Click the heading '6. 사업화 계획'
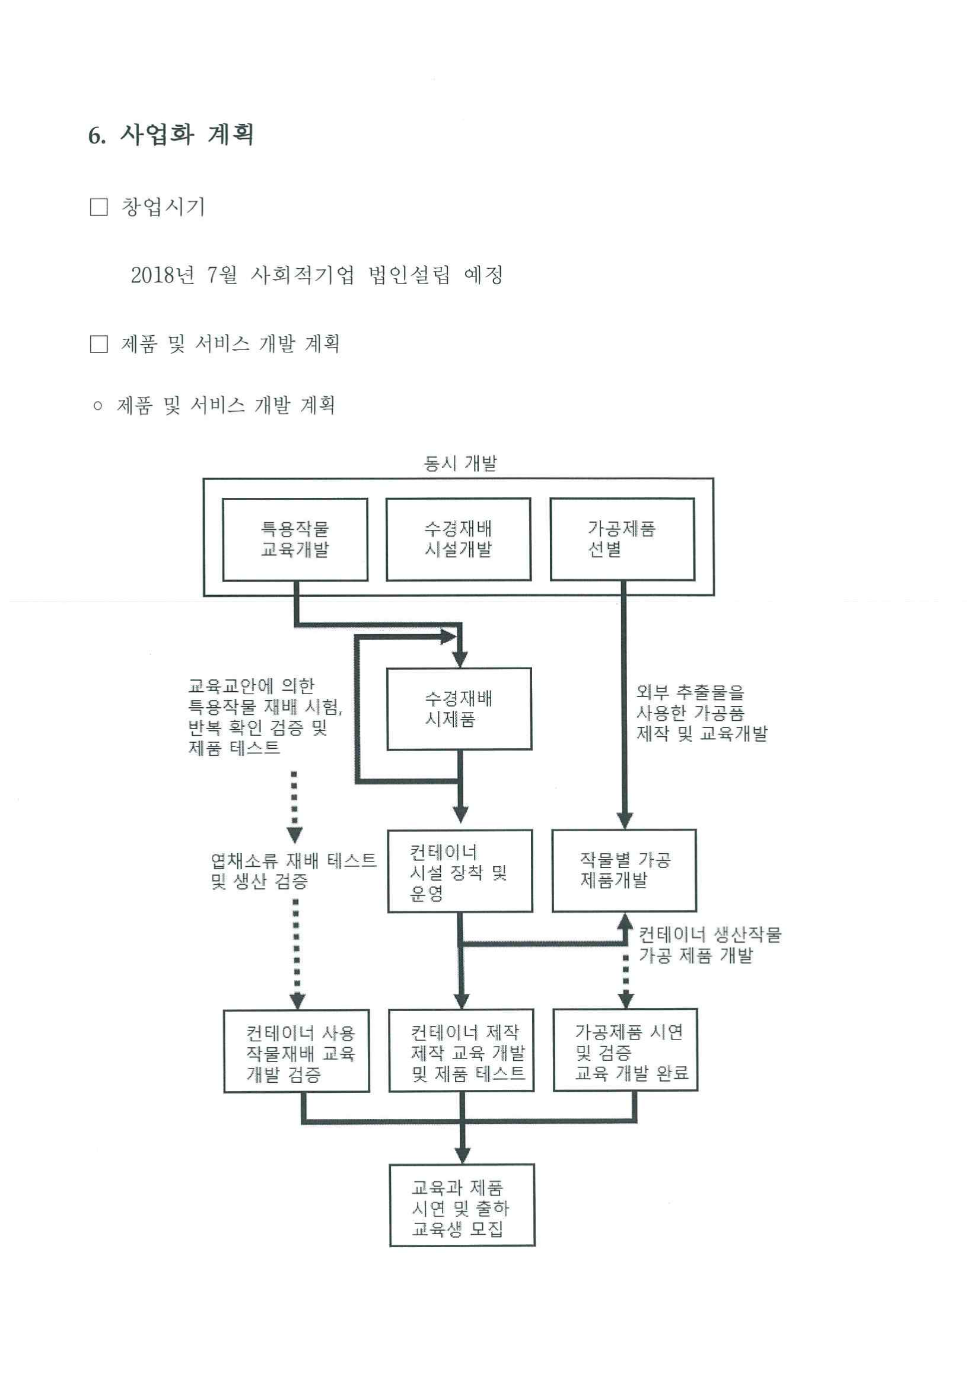(171, 135)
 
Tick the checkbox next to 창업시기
(99, 207)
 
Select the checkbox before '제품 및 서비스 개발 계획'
(99, 344)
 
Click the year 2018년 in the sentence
(163, 275)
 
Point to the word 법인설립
(409, 275)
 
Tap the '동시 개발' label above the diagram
(460, 463)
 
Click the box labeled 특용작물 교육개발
(295, 540)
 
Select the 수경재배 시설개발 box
(459, 540)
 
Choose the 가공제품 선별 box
(623, 540)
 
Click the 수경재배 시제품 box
(459, 709)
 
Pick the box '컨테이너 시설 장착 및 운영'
(460, 871)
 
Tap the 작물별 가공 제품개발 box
(625, 870)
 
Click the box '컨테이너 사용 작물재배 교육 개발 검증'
(296, 1051)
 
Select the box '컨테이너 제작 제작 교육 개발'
(462, 1050)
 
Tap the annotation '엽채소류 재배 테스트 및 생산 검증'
(293, 870)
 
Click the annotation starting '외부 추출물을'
(702, 713)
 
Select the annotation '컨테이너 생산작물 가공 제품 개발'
(710, 945)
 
